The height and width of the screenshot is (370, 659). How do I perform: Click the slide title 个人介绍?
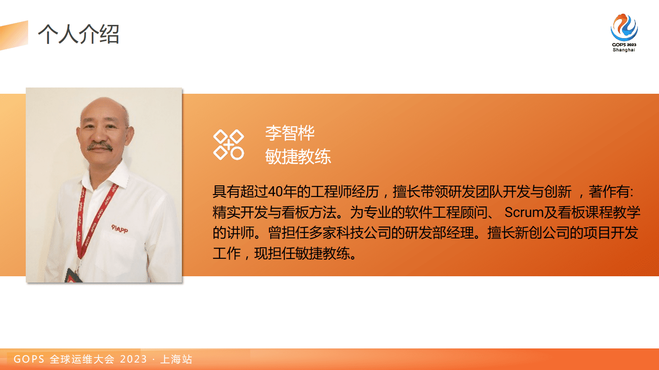78,34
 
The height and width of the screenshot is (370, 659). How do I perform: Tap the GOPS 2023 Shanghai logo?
624,33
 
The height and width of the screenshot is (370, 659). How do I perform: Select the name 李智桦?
290,133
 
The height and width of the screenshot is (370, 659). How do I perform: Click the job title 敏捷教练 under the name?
298,157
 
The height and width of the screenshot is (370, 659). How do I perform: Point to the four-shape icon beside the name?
228,145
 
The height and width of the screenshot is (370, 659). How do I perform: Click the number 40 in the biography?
275,192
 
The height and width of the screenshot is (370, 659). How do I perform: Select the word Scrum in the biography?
524,212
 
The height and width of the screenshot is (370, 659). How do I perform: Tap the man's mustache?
100,146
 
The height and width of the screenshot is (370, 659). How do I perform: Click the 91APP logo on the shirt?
120,229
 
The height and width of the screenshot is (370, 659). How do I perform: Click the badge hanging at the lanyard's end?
73,276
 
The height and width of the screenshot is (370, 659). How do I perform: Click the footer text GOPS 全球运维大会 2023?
80,359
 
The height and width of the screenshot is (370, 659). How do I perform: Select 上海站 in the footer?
176,359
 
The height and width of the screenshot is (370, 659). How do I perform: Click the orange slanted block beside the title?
14,36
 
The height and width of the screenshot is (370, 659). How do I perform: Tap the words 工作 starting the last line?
227,253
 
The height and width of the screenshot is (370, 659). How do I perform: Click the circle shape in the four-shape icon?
237,153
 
